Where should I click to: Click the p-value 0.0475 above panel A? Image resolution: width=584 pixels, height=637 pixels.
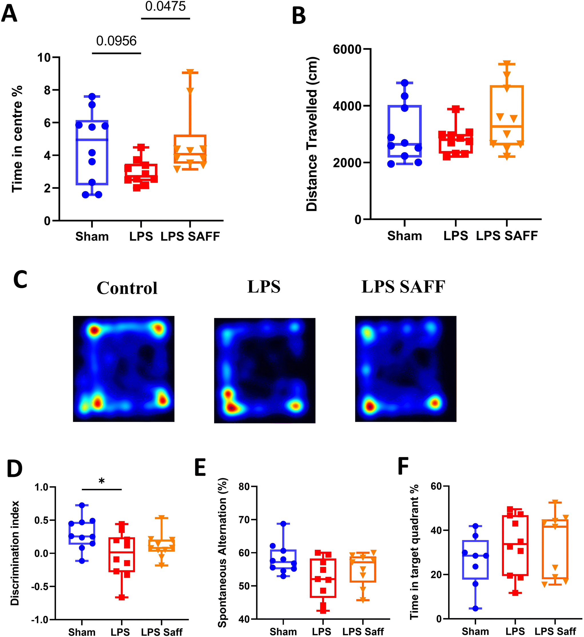tap(165, 6)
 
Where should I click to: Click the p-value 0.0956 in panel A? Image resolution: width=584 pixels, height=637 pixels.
tap(116, 41)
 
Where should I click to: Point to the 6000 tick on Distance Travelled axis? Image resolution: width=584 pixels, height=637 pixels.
tap(347, 49)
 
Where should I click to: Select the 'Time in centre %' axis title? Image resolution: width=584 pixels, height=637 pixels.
tap(17, 139)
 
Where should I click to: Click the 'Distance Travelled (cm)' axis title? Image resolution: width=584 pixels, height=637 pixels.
tap(312, 134)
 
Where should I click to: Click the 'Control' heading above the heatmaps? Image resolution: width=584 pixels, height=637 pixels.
tap(127, 288)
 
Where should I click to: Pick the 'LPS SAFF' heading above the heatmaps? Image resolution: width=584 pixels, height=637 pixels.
tap(403, 286)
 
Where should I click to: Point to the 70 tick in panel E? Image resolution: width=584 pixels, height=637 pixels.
tap(244, 520)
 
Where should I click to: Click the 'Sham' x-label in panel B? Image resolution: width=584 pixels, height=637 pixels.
tap(404, 236)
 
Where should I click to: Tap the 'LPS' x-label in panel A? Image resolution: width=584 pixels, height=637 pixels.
tap(141, 236)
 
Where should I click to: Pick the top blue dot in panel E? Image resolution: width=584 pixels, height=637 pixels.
tap(283, 523)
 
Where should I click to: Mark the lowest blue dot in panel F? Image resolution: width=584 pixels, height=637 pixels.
tap(475, 609)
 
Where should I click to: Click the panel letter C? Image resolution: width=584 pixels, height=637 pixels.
tap(20, 280)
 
